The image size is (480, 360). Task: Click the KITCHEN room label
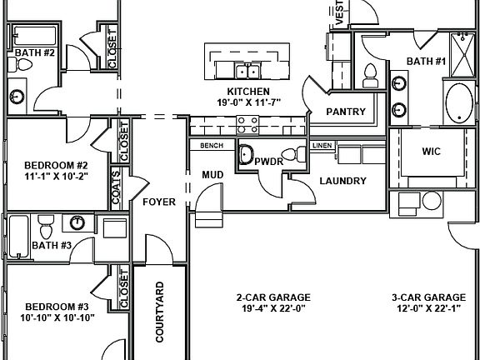248,91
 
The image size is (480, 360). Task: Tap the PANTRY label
342,110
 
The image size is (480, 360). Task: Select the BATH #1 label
426,61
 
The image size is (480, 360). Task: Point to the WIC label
431,152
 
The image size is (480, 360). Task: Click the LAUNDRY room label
342,180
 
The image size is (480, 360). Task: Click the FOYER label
158,202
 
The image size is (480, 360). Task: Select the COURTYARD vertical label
161,312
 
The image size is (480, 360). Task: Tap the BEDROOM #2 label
56,165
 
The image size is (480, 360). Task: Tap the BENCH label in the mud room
212,146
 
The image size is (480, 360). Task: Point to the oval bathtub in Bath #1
457,104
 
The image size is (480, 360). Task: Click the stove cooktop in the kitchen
247,125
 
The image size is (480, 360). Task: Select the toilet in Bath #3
47,224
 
